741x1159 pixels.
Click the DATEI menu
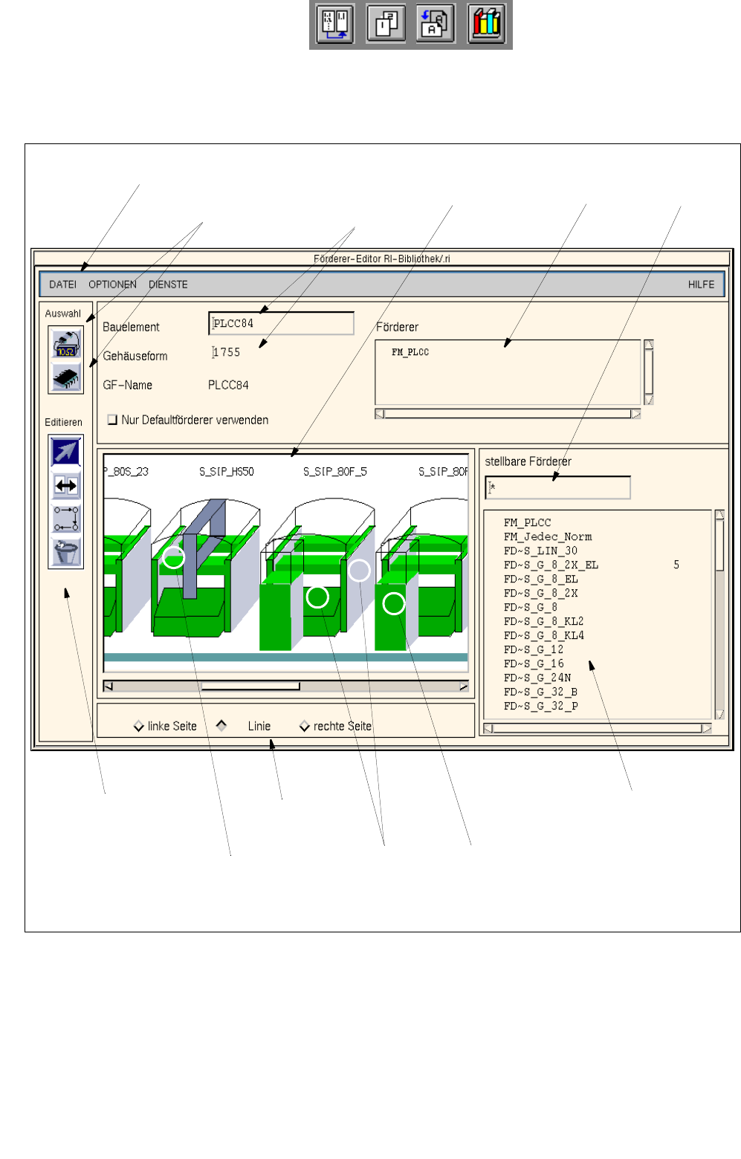pos(62,285)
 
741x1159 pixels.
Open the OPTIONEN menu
pos(112,285)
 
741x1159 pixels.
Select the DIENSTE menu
pos(168,285)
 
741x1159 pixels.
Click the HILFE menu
pos(701,285)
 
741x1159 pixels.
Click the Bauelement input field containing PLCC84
pos(281,323)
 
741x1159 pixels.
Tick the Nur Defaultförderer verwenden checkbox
pos(112,420)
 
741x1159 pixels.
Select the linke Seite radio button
pos(139,727)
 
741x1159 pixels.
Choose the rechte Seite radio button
pos(305,727)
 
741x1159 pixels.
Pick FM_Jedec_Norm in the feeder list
pos(548,536)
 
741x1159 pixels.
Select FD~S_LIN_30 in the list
pos(541,551)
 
